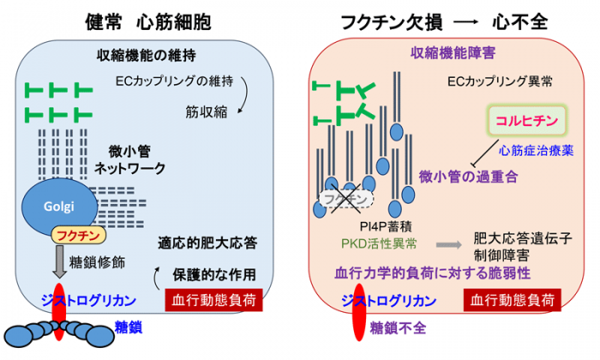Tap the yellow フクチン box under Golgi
76,233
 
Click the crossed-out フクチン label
345,199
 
